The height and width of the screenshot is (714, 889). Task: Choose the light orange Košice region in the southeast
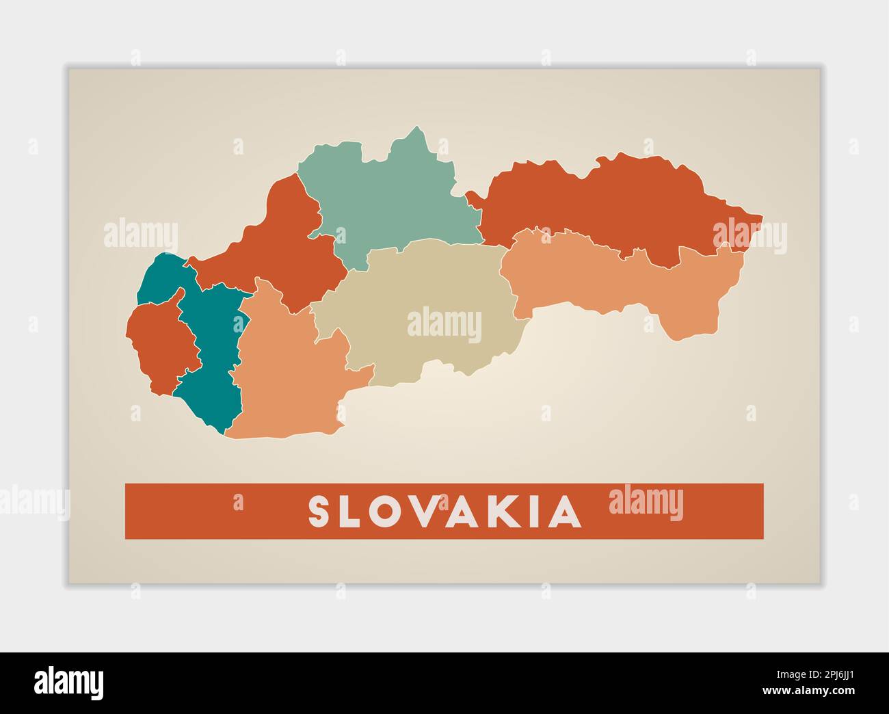pos(615,280)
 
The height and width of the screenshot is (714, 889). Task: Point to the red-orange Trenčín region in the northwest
pos(274,246)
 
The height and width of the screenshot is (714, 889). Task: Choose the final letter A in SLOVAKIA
pos(567,512)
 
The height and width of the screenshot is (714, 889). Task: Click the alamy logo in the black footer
pos(68,683)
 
